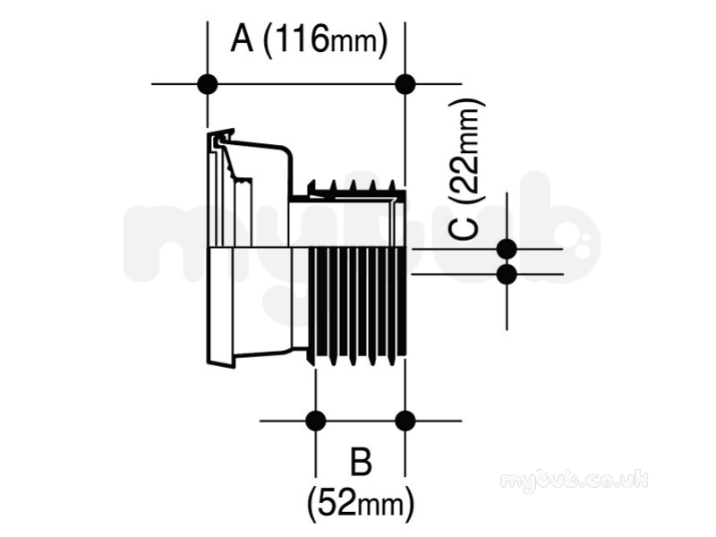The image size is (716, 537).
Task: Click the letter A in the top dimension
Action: coord(242,39)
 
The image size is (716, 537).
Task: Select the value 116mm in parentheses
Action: coord(326,40)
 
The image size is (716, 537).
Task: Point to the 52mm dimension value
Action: coord(361,504)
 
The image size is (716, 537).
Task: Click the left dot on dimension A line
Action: coord(208,84)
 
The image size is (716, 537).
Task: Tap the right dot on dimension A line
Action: coord(405,84)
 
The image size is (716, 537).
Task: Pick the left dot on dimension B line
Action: coord(316,421)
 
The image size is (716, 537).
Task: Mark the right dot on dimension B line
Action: coord(405,421)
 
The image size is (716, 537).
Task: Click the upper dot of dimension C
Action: coord(507,250)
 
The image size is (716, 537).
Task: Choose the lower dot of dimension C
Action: coord(507,275)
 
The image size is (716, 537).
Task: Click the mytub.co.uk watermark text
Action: coord(574,481)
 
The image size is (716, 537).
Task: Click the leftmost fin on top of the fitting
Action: coord(312,186)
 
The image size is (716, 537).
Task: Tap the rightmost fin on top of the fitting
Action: coord(392,185)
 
